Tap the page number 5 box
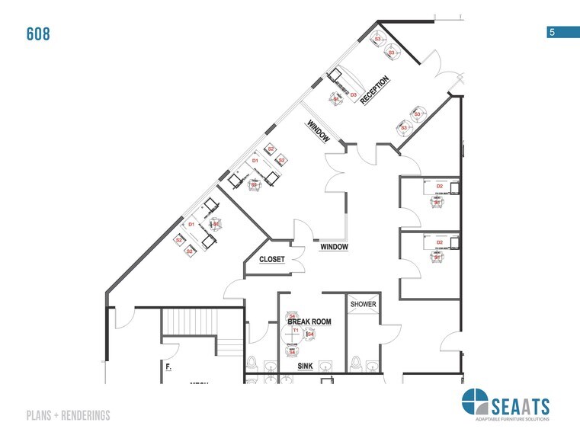point(551,32)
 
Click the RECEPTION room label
point(375,89)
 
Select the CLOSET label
point(272,260)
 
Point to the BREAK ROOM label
point(309,322)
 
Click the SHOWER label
point(364,305)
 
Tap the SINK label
point(305,366)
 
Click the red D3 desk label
point(354,95)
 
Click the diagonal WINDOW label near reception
point(318,131)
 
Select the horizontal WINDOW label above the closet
point(334,247)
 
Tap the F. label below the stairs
point(168,367)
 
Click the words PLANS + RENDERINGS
point(68,415)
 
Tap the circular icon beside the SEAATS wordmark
point(473,402)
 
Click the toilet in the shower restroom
point(356,363)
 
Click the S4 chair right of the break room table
point(310,334)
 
